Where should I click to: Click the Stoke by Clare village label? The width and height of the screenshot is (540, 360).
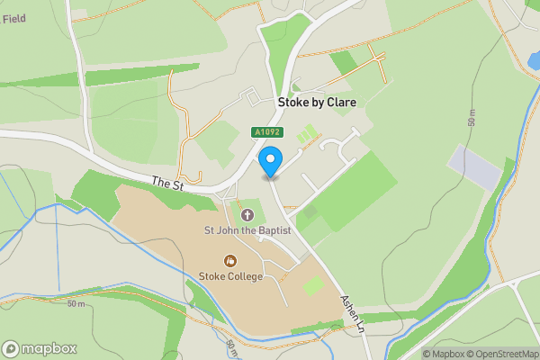click(x=316, y=103)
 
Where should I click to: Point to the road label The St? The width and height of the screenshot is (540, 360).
click(x=166, y=184)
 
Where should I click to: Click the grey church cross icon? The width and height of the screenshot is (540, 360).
click(x=247, y=214)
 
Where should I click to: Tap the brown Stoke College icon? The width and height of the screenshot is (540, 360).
click(x=230, y=261)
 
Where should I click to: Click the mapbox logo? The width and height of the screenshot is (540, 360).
click(x=40, y=348)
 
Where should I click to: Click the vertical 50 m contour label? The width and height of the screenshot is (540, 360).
click(x=472, y=117)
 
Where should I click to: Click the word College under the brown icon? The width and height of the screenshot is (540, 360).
click(x=245, y=276)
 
